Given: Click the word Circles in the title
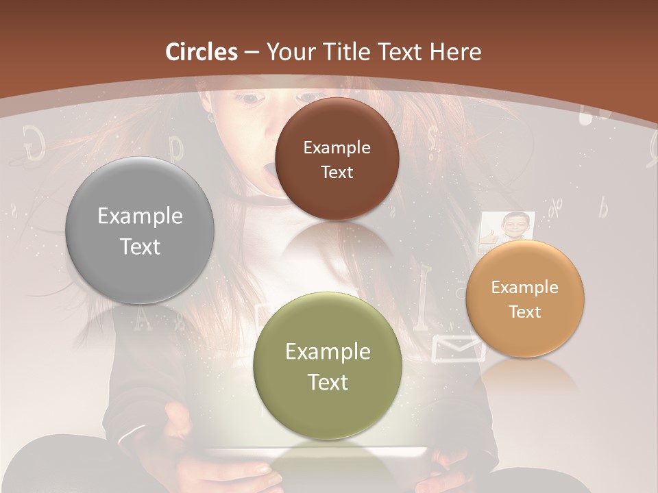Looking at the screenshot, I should (x=202, y=52).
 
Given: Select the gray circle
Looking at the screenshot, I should (x=140, y=230).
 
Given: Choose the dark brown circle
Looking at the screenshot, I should (x=337, y=159).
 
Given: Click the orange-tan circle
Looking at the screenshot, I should (x=525, y=299).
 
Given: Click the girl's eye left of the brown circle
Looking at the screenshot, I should (x=252, y=100).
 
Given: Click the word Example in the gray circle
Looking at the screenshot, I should (x=140, y=216).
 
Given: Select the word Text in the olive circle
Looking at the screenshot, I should (x=328, y=382).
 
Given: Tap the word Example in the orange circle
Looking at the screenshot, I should (x=525, y=288).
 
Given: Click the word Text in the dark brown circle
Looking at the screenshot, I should (x=337, y=173).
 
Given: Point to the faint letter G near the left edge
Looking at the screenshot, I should (x=34, y=142).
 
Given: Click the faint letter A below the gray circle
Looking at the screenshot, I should (x=143, y=318).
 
